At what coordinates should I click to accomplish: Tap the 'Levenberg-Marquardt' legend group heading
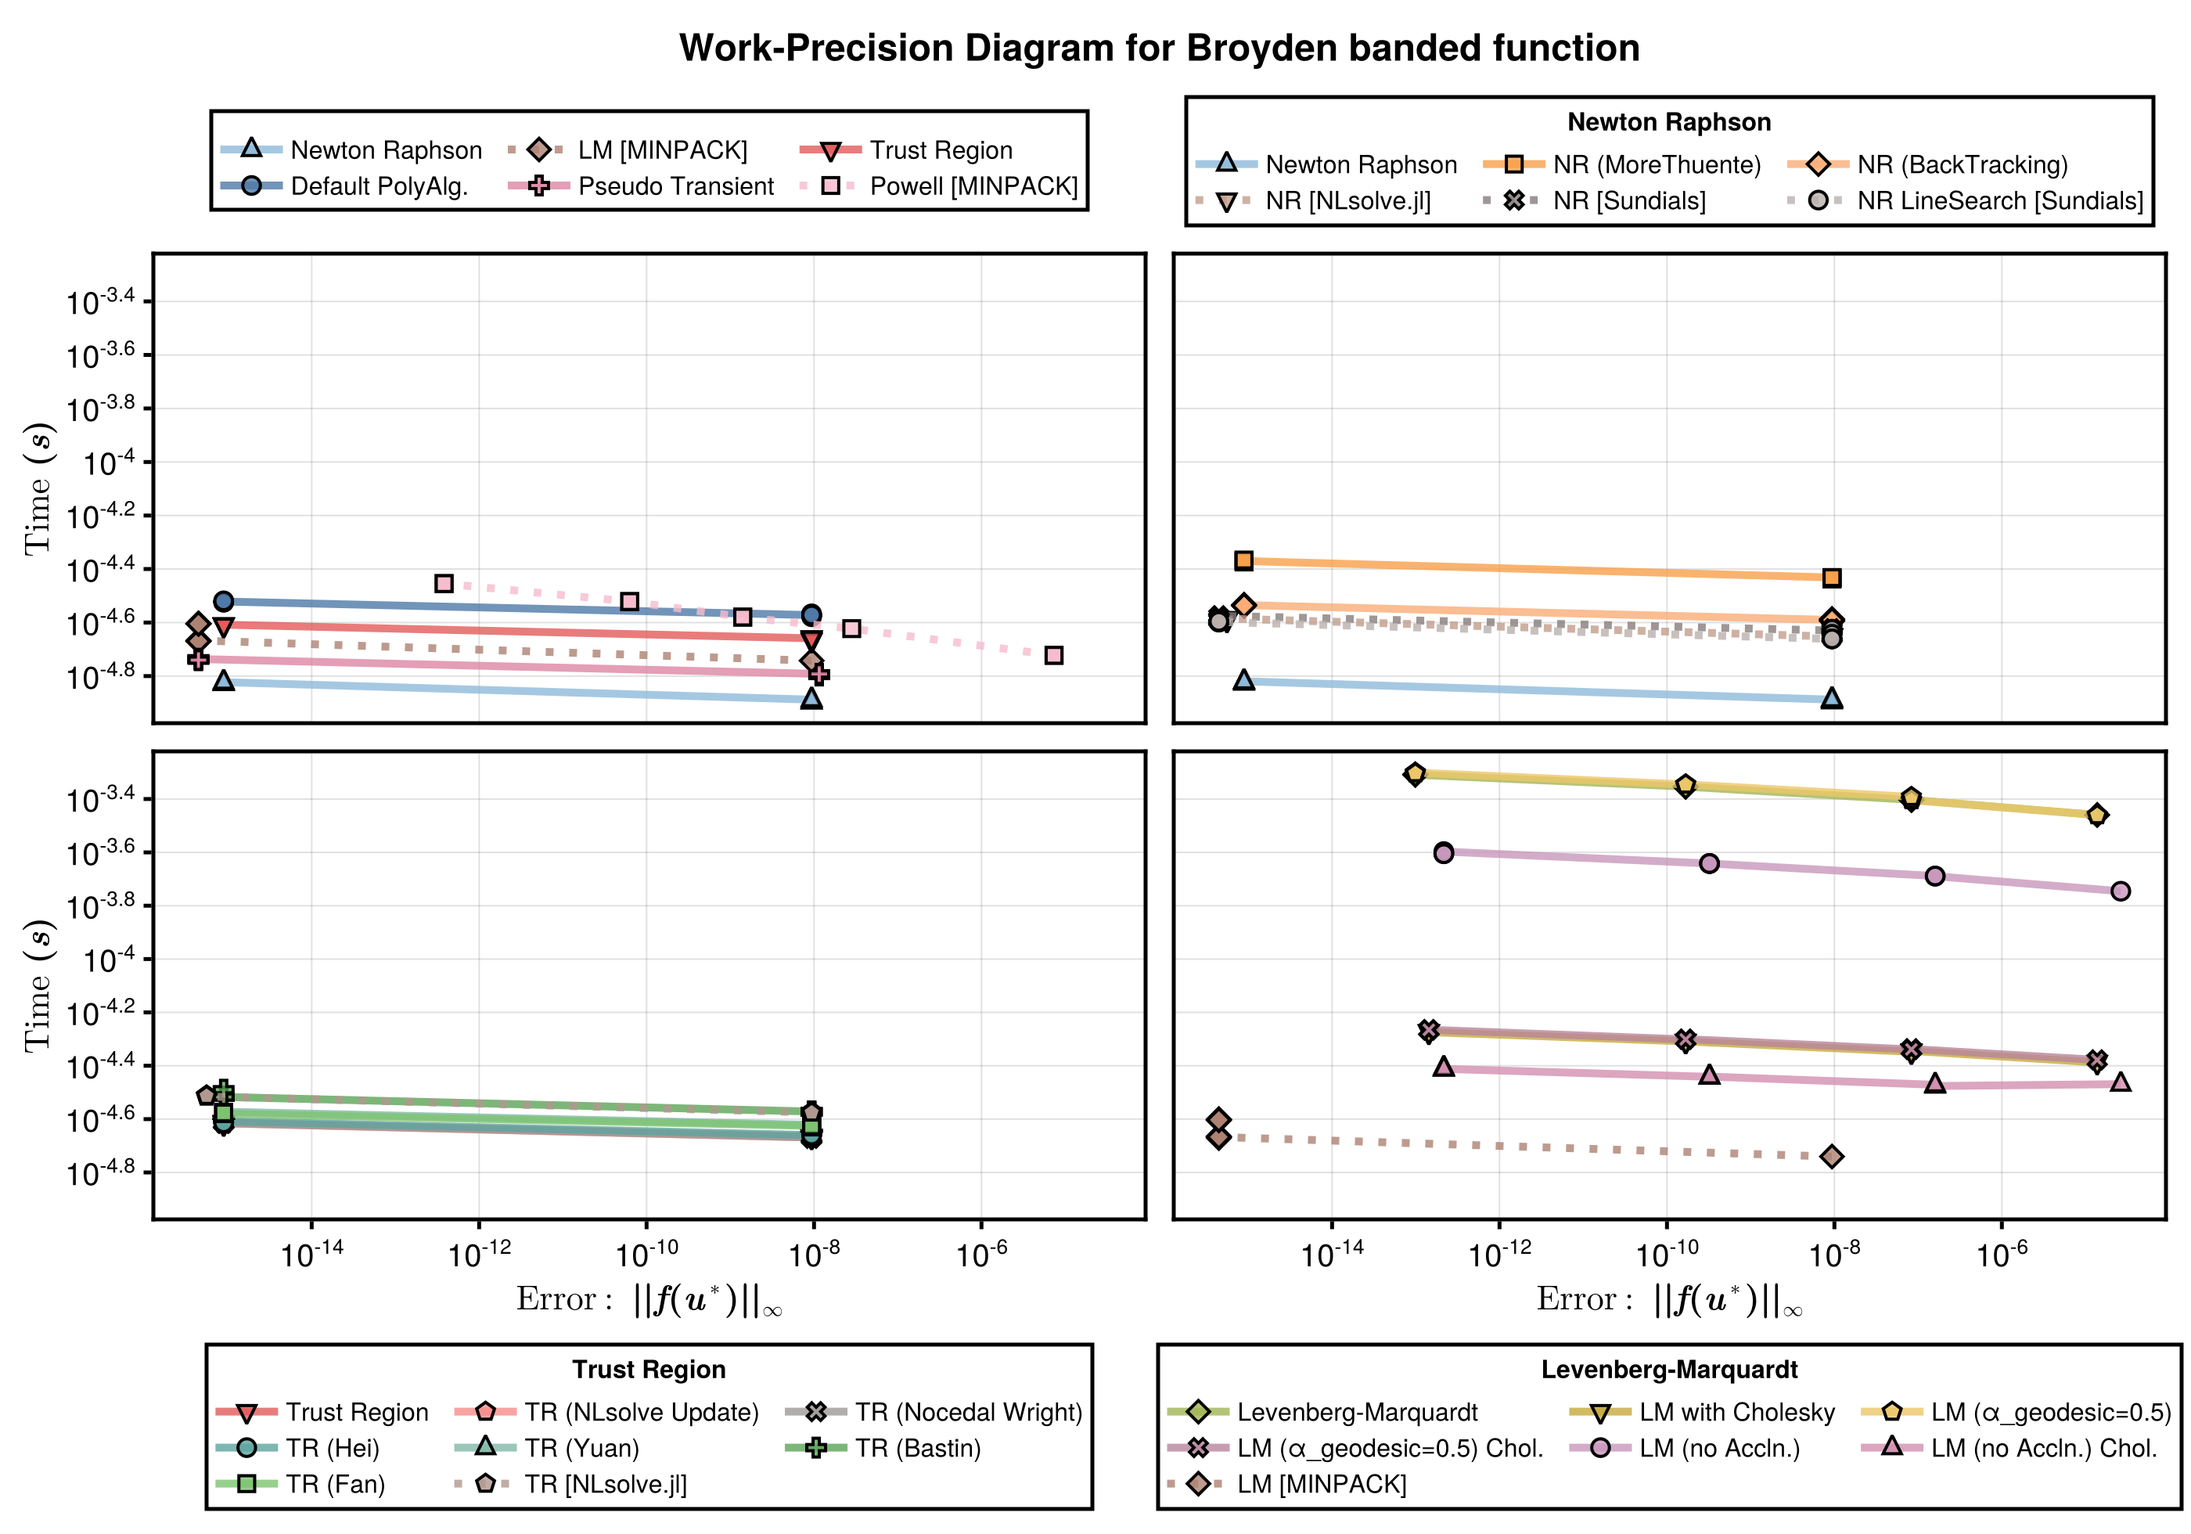click(1668, 1370)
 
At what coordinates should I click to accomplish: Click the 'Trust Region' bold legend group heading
click(649, 1370)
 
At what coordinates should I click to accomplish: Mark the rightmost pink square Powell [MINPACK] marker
click(1053, 655)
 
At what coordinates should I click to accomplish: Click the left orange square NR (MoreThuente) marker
click(1243, 560)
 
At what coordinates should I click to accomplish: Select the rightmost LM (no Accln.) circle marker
click(2121, 891)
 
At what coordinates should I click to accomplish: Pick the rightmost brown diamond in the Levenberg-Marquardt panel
click(1831, 1156)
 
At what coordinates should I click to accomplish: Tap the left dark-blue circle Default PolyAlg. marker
click(223, 601)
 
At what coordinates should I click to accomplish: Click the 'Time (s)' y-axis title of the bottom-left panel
click(38, 986)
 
